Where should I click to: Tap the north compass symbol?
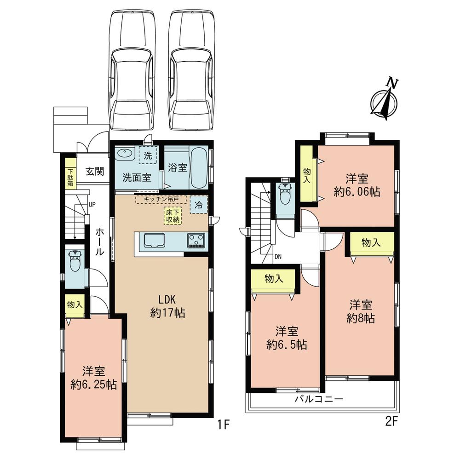pos(385,100)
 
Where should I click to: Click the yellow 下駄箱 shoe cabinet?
pos(70,172)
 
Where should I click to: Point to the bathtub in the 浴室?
pos(199,167)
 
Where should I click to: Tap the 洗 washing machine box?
pos(148,155)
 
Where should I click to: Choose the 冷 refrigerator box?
pos(199,205)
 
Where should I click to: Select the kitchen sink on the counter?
pos(155,240)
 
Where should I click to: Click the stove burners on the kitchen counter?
pos(196,240)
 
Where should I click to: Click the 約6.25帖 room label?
pos(93,377)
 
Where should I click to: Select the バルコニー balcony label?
pos(319,399)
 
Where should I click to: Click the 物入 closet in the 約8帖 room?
pos(372,243)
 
